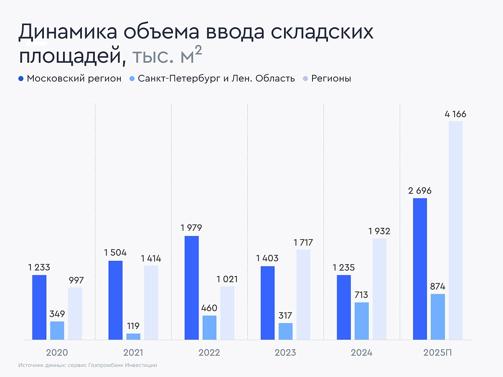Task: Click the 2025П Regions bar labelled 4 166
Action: click(455, 230)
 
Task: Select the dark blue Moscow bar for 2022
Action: click(192, 288)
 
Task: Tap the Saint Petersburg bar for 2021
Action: click(133, 336)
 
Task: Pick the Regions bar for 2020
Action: click(75, 313)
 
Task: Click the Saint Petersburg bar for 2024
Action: click(362, 321)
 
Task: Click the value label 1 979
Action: click(191, 228)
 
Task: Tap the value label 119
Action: click(133, 326)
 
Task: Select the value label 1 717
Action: click(303, 242)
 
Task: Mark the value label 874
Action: click(437, 287)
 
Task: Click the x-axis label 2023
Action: click(285, 353)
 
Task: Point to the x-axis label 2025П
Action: click(437, 353)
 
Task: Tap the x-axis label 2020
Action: click(57, 353)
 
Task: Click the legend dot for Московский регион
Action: click(21, 79)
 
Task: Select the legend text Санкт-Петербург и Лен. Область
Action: click(216, 79)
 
